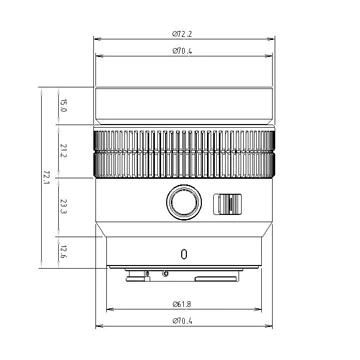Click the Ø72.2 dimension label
coord(182,34)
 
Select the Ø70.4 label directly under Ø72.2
coord(182,50)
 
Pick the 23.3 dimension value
coord(63,206)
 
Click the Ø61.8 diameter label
coord(182,302)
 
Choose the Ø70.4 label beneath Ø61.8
coord(182,319)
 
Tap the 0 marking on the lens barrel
coord(184,254)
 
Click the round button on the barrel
coord(182,203)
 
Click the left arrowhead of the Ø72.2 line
coord(97,40)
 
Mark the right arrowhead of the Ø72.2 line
coord(273,40)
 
